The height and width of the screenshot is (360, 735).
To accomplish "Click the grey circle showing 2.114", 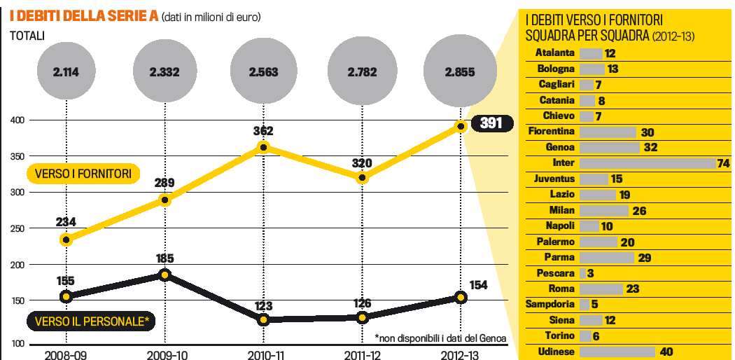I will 66,71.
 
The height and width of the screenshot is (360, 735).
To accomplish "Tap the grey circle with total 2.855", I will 461,71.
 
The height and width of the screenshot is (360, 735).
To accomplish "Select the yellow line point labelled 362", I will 263,147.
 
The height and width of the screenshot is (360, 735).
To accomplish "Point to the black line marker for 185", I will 165,275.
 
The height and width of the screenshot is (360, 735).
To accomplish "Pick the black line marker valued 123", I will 263,319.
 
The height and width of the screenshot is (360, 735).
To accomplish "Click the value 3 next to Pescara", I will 591,273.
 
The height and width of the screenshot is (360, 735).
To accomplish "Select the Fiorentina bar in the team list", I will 608,132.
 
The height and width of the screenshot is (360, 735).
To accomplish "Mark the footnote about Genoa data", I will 440,337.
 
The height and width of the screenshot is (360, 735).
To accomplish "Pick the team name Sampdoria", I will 550,305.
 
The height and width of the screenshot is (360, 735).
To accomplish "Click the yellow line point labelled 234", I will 66,240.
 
